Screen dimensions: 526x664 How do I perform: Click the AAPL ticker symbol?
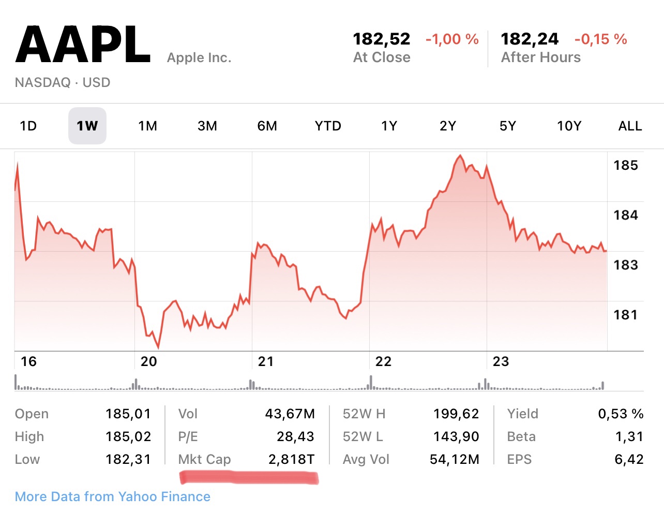click(83, 45)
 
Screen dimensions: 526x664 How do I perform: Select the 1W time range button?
click(87, 126)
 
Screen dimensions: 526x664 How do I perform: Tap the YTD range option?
click(328, 126)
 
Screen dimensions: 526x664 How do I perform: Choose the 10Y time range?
click(569, 126)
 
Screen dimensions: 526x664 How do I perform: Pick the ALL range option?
click(630, 126)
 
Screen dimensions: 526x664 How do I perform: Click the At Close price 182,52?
click(381, 39)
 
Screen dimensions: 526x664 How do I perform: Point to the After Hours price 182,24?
click(530, 39)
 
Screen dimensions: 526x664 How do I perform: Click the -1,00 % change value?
click(452, 39)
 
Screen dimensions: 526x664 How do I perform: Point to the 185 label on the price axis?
click(626, 165)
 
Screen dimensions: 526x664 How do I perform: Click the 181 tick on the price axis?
click(626, 314)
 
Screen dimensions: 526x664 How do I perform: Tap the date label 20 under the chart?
click(148, 361)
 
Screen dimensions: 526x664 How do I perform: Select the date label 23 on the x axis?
click(501, 361)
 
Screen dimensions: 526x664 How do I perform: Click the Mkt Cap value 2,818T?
click(291, 459)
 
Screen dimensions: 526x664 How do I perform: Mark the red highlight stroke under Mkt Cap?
click(249, 477)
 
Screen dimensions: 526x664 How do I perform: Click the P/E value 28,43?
click(295, 436)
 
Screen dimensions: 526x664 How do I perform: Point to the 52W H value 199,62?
click(456, 414)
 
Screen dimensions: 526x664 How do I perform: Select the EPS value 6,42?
click(629, 459)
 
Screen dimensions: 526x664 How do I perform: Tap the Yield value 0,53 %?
click(621, 414)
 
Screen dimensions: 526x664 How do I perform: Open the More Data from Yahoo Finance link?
click(113, 496)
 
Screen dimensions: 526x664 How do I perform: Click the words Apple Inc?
click(199, 57)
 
